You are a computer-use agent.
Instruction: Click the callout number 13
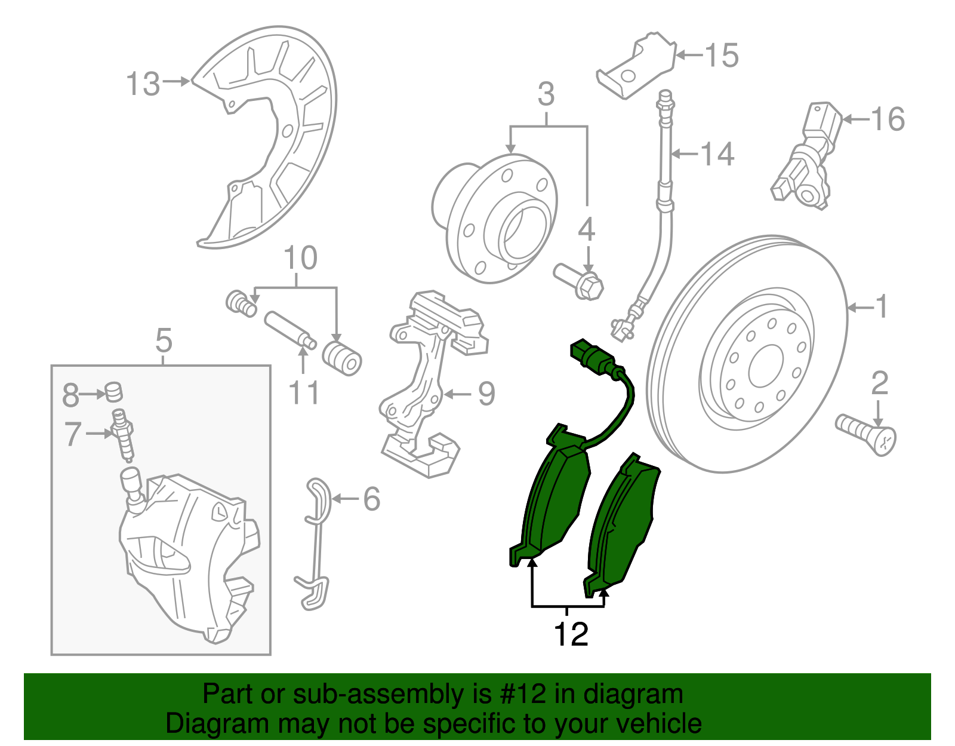click(x=143, y=84)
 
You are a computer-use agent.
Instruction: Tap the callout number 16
click(x=888, y=119)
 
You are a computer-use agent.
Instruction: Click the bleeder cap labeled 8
click(x=113, y=392)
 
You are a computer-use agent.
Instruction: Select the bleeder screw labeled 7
click(x=123, y=434)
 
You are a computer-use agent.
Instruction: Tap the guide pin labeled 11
click(x=289, y=329)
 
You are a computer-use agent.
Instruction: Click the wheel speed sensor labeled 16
click(x=806, y=161)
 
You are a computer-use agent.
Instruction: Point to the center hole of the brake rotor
click(x=765, y=366)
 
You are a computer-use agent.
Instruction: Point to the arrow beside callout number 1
click(x=860, y=308)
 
